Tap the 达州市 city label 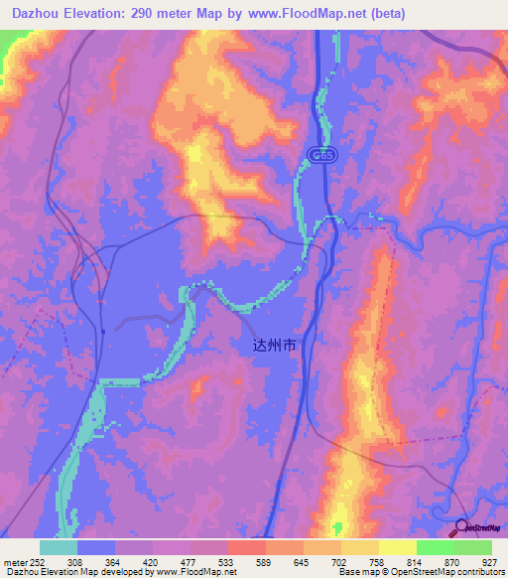click(274, 347)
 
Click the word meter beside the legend click(14, 560)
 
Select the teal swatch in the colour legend click(59, 547)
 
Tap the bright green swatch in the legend click(435, 547)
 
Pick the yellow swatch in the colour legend click(397, 547)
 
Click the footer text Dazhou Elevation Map click(44, 572)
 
